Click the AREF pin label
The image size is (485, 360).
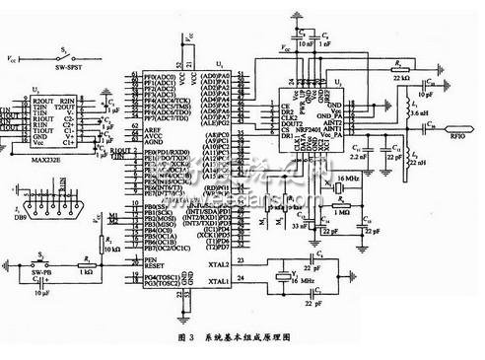(x=151, y=129)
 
